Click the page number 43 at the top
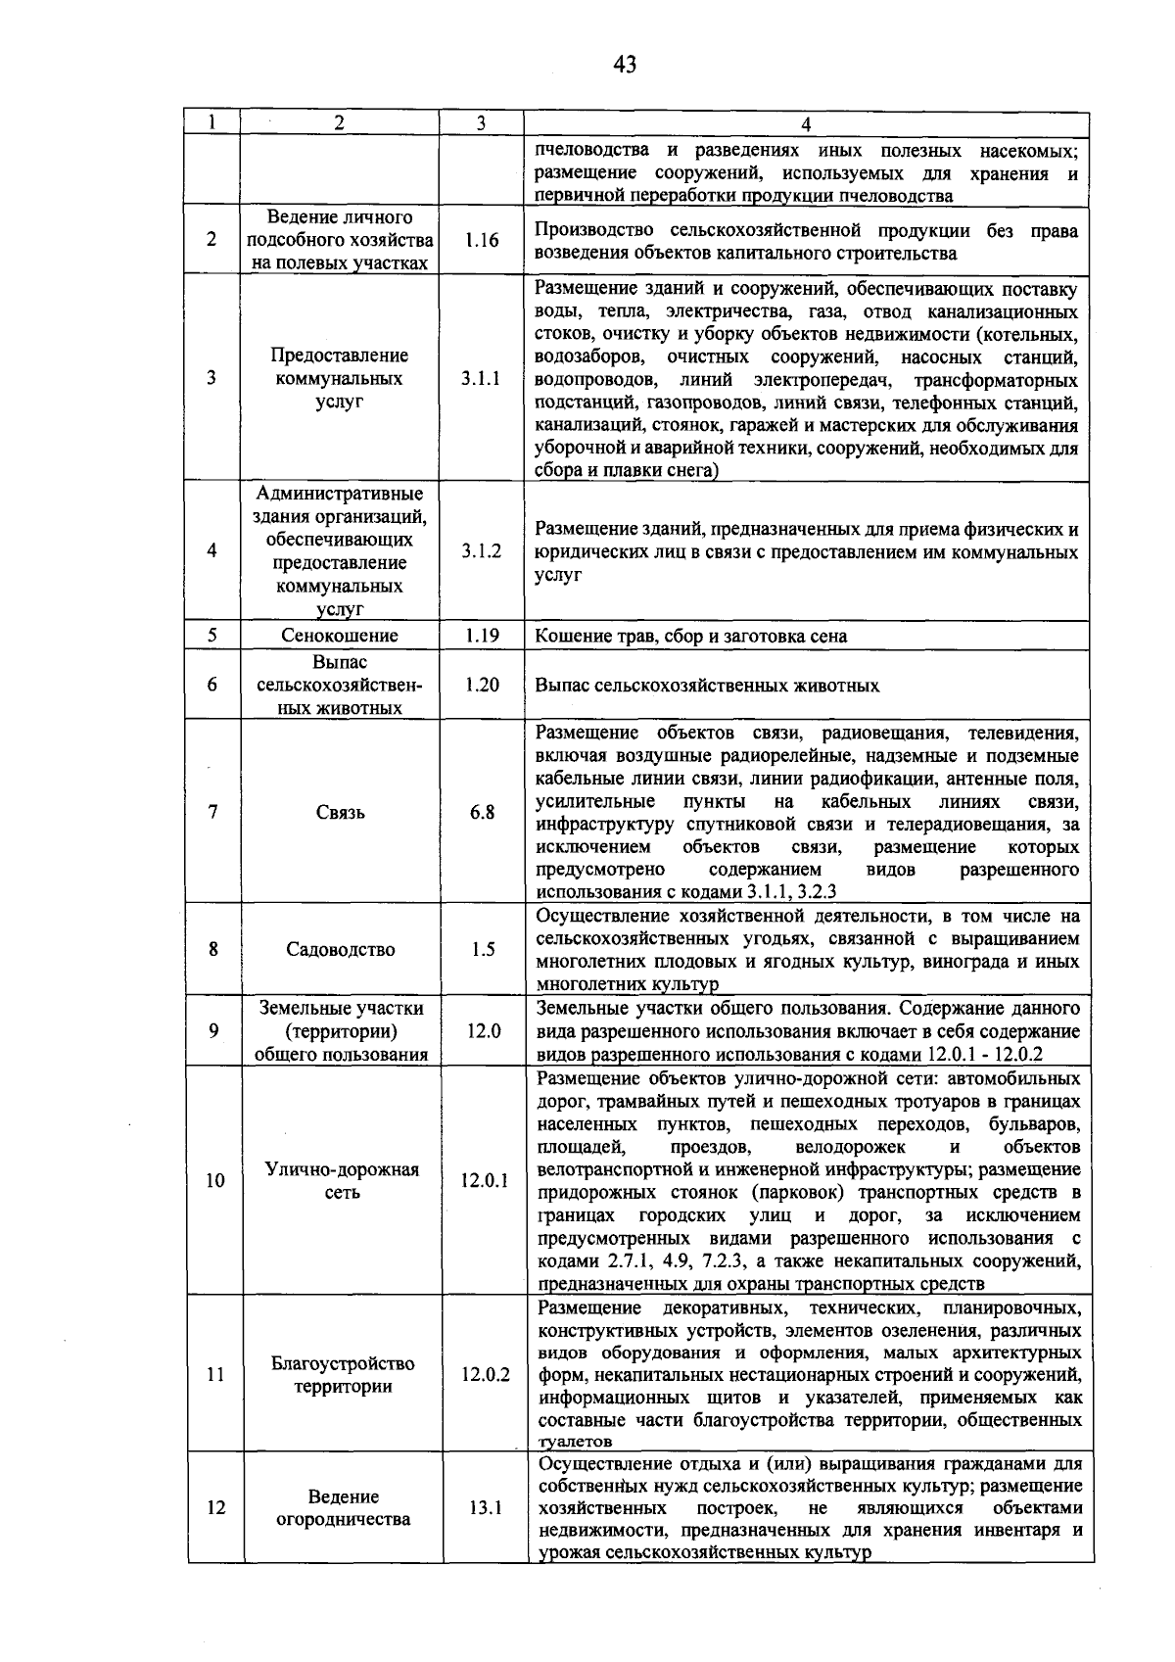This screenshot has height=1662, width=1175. coord(624,65)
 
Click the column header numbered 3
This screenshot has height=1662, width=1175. coord(481,123)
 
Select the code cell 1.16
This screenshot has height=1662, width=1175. coord(482,240)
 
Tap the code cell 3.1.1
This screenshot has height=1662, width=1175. coord(482,379)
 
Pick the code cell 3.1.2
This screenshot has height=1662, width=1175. coord(482,551)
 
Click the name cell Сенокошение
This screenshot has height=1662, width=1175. coord(340,636)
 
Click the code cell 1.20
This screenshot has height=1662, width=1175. coord(482,685)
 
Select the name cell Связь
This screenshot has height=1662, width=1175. coord(340,812)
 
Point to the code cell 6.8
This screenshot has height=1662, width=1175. coord(482,812)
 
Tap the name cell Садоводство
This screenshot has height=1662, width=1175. coord(340,949)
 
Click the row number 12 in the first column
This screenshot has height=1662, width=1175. coord(215,1508)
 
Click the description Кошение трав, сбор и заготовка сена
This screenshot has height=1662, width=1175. coord(691,637)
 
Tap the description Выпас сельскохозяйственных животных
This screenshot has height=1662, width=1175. coord(707,686)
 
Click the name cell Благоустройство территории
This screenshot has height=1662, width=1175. coord(342,1375)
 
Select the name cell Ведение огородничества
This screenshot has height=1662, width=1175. coord(342,1508)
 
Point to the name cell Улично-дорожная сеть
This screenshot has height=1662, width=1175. coord(342,1181)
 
